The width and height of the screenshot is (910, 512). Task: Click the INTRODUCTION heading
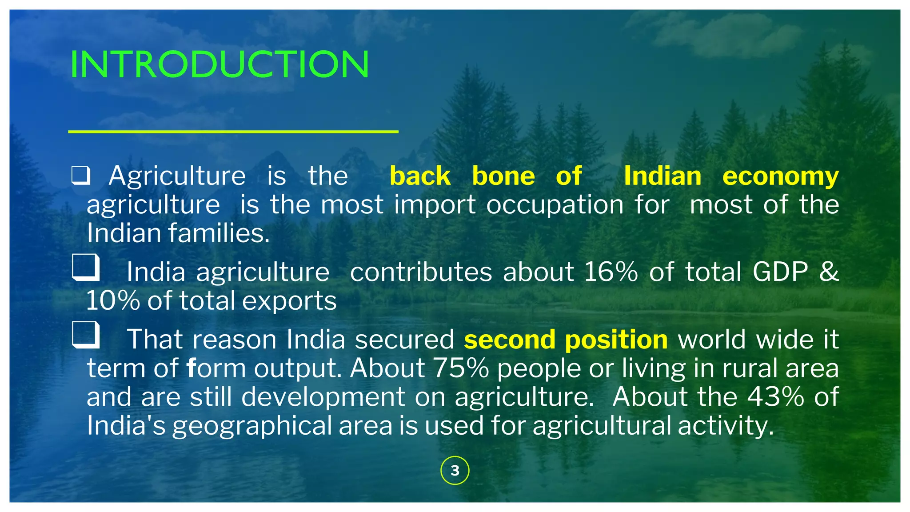220,64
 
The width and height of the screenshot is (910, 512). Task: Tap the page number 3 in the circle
455,470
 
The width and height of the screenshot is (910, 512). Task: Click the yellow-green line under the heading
233,132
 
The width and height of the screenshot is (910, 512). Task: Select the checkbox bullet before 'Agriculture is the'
81,176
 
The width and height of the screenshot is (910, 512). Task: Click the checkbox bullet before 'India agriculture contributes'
85,267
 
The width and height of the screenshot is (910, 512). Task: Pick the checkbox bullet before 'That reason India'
85,335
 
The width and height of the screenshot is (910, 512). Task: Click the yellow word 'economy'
780,176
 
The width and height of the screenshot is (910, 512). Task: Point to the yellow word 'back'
420,176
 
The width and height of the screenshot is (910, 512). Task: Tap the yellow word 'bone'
503,176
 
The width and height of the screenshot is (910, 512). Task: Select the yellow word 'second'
509,340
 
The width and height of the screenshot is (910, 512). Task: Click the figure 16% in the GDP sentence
611,272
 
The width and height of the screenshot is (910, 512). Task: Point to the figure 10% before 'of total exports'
113,301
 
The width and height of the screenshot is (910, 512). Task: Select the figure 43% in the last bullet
775,396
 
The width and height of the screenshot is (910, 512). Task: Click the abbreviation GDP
780,272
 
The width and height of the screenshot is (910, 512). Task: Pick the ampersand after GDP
829,272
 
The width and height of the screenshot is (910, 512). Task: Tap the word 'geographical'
252,426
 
